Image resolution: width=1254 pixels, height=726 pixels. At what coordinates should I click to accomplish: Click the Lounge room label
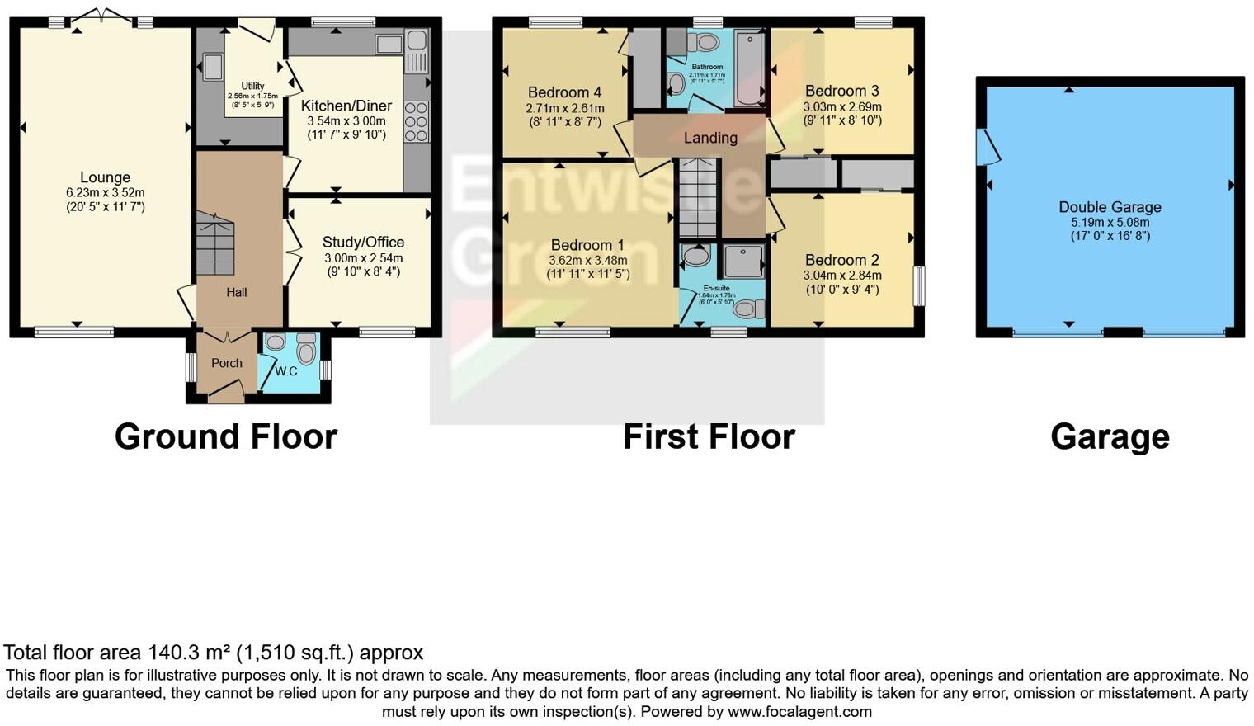click(105, 177)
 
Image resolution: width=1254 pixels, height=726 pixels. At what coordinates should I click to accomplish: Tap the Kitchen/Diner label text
click(346, 106)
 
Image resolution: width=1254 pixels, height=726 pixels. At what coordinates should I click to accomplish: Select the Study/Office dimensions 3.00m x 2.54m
click(363, 258)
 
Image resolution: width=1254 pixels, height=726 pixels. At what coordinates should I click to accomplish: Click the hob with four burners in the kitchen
click(417, 122)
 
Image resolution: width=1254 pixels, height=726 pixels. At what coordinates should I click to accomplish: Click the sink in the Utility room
click(212, 67)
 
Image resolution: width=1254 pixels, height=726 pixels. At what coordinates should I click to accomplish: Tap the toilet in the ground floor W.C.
click(306, 350)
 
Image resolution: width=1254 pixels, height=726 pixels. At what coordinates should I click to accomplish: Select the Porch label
click(226, 363)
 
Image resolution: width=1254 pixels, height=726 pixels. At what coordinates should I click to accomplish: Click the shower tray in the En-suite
click(743, 262)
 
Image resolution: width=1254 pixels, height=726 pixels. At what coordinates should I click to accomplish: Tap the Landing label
click(710, 138)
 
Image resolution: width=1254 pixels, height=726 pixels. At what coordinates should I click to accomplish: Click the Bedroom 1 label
click(587, 245)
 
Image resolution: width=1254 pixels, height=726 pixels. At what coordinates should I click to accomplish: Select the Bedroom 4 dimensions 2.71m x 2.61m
click(564, 108)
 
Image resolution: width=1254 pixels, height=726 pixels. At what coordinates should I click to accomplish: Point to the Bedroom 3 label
click(841, 91)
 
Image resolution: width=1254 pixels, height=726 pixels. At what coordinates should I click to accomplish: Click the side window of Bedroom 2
click(920, 285)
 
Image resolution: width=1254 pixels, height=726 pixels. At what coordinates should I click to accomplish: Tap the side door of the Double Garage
click(985, 147)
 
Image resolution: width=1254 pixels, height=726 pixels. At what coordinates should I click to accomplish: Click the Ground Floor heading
click(225, 436)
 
